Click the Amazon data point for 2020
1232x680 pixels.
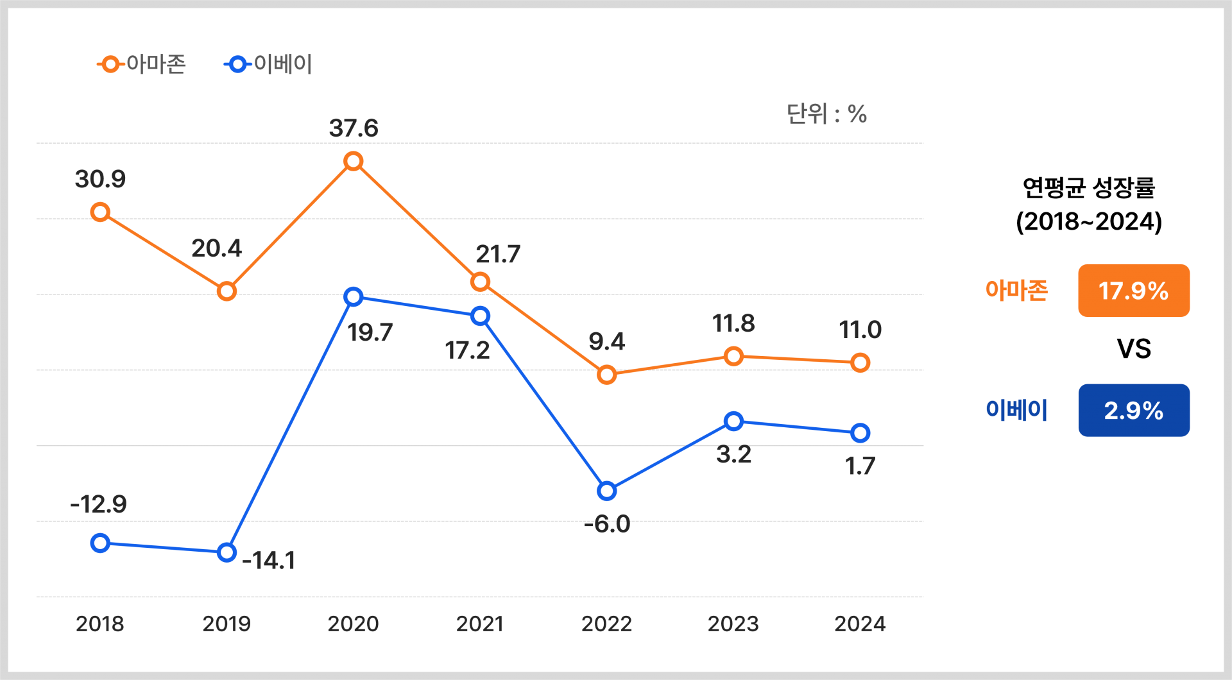pyautogui.click(x=353, y=161)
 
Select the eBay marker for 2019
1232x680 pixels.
pyautogui.click(x=227, y=552)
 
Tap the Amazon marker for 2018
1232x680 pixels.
pyautogui.click(x=100, y=212)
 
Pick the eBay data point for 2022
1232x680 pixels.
pyautogui.click(x=606, y=491)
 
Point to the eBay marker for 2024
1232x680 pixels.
pyautogui.click(x=860, y=433)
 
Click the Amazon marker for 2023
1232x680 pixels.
pyautogui.click(x=733, y=356)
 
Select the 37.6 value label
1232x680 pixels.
pyautogui.click(x=354, y=128)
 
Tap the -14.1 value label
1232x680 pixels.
pyautogui.click(x=269, y=561)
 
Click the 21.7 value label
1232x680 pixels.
pyautogui.click(x=497, y=255)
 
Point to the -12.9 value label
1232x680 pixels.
pyautogui.click(x=99, y=504)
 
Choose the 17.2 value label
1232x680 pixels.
pyautogui.click(x=467, y=350)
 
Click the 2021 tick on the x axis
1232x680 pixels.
pyautogui.click(x=480, y=624)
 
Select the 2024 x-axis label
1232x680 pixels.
pyautogui.click(x=860, y=624)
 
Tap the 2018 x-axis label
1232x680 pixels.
pyautogui.click(x=100, y=624)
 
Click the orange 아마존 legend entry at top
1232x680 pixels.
pyautogui.click(x=142, y=64)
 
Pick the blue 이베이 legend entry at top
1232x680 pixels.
pyautogui.click(x=268, y=64)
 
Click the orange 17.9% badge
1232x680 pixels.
pyautogui.click(x=1133, y=291)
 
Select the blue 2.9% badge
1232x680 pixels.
pyautogui.click(x=1133, y=411)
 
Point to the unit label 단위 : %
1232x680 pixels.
pyautogui.click(x=826, y=114)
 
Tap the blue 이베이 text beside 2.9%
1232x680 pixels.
pyautogui.click(x=1016, y=411)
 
